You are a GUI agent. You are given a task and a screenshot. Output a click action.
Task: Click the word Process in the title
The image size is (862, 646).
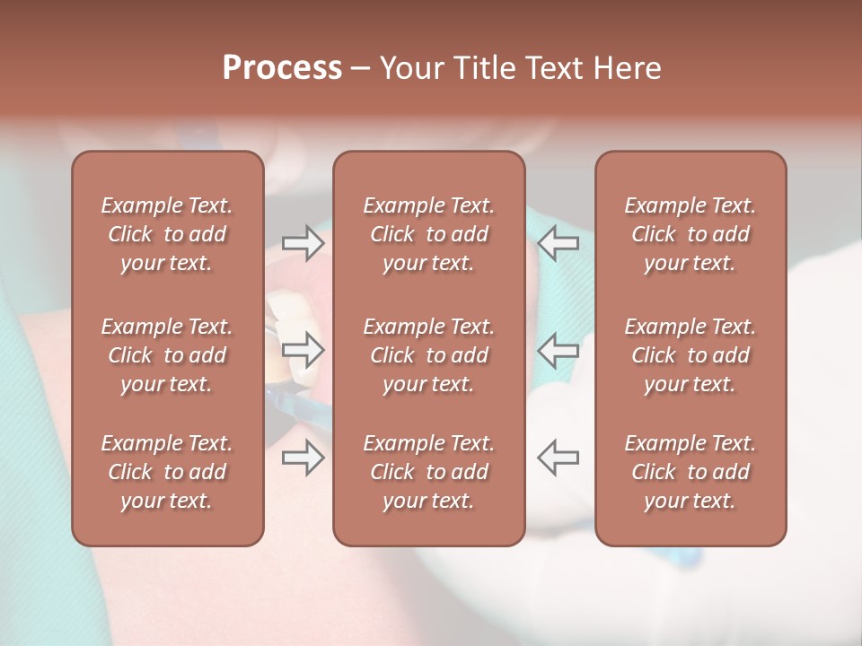click(282, 67)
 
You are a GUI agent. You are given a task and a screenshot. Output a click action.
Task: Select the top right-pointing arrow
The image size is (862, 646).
click(303, 243)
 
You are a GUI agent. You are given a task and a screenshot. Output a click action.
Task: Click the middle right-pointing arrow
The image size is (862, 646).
click(303, 349)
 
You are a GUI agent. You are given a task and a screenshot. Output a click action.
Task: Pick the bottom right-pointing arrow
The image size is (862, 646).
click(303, 457)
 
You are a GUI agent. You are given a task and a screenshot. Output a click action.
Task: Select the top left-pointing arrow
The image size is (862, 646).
click(558, 243)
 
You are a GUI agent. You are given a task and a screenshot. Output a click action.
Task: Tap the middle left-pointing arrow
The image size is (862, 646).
click(558, 349)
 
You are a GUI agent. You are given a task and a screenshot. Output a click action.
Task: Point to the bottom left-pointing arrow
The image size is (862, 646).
click(558, 457)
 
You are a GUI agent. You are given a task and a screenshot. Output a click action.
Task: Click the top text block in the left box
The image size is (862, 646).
click(167, 234)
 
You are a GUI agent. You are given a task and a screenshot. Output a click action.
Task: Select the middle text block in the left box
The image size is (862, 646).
click(167, 355)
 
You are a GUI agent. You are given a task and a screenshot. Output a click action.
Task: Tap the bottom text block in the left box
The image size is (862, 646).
click(167, 472)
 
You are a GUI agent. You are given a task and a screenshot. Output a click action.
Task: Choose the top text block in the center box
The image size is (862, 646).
click(428, 234)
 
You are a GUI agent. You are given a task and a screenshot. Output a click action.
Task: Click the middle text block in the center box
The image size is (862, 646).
click(428, 355)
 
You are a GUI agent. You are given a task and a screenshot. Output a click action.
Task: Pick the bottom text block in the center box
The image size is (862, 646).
click(428, 472)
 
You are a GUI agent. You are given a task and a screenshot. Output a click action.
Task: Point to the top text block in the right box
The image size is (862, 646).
click(690, 234)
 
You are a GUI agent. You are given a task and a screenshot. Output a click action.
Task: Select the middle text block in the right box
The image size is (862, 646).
click(690, 355)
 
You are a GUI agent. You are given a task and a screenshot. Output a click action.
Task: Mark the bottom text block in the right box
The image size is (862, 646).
click(690, 472)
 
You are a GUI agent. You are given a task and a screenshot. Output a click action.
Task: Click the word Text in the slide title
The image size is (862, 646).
click(552, 68)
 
